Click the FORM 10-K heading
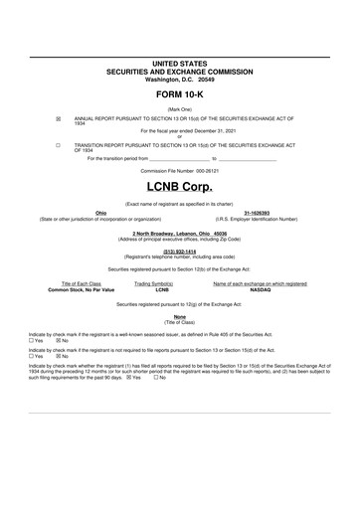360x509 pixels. click(x=180, y=95)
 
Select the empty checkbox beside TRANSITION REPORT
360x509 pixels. click(x=58, y=144)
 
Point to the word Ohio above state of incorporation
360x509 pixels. click(x=100, y=213)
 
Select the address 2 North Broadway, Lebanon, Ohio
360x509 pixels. click(x=180, y=234)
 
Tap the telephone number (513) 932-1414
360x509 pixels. click(x=180, y=251)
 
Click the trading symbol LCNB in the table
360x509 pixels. click(x=162, y=289)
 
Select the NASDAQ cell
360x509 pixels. click(x=260, y=289)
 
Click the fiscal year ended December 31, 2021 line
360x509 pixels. click(x=180, y=130)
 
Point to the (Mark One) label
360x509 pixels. click(x=180, y=108)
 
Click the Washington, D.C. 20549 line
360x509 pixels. click(x=180, y=79)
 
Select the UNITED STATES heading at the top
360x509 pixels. click(x=180, y=63)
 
